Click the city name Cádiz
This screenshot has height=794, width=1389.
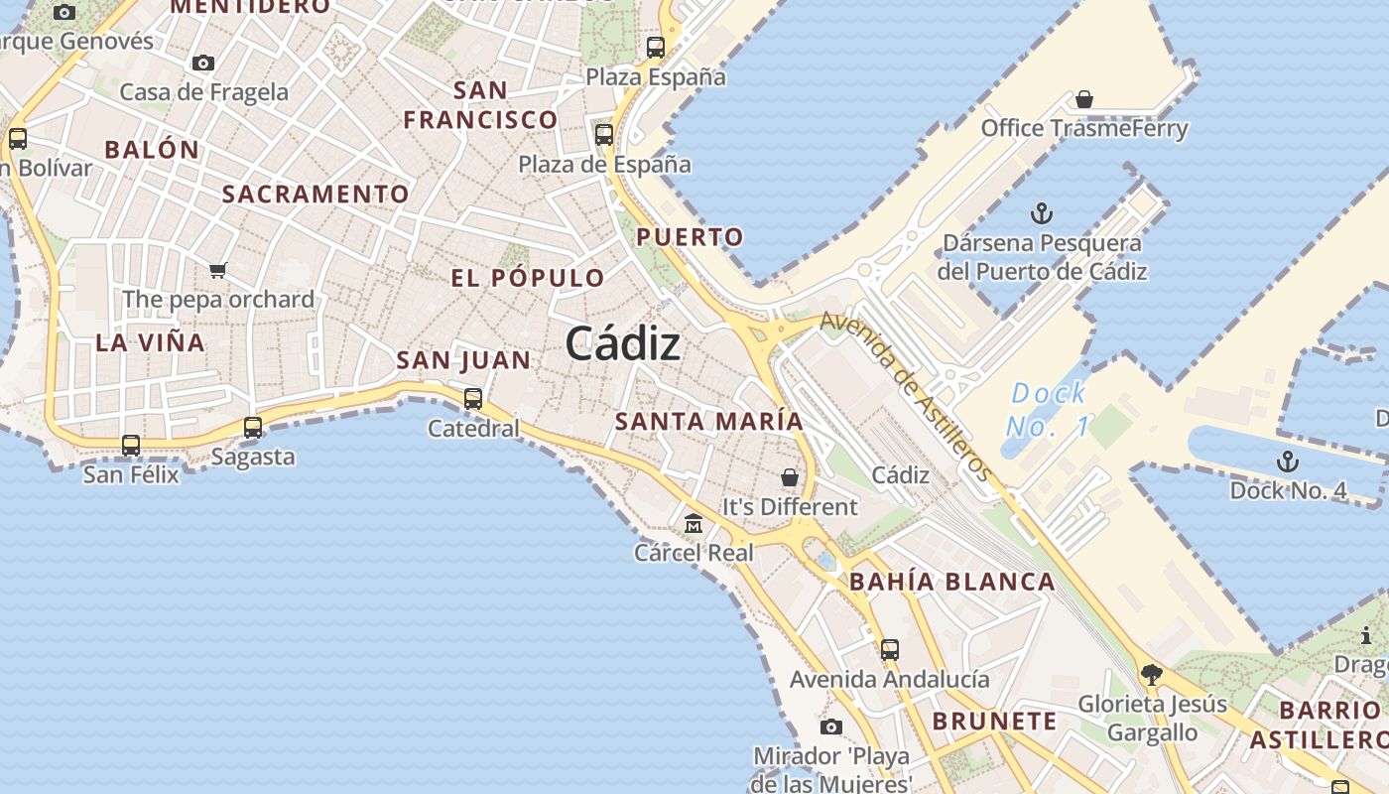coord(622,344)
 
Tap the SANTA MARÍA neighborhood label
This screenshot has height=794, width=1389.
coord(708,421)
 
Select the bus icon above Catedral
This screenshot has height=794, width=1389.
coord(473,399)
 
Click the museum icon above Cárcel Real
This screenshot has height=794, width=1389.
coord(694,523)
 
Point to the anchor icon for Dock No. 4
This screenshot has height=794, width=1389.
coord(1287,462)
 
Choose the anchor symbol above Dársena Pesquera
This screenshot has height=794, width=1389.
coord(1041,213)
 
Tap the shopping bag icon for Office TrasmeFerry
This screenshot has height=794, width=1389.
coord(1084,99)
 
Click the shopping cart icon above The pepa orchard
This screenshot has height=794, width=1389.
coord(218,270)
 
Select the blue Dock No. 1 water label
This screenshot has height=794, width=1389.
coord(1048,410)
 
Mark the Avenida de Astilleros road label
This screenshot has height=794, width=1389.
coord(906,395)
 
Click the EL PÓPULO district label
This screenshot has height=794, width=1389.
coord(527,278)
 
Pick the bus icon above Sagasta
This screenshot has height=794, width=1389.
coord(253,428)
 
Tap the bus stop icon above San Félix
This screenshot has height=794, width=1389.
coord(131,446)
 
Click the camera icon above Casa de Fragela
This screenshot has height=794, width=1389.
coord(203,63)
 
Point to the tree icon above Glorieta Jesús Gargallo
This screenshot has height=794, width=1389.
coord(1151,675)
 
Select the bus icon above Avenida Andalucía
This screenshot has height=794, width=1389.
coord(890,650)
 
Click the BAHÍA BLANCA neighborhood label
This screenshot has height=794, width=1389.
coord(951,582)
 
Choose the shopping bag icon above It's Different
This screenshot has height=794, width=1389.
coord(790,477)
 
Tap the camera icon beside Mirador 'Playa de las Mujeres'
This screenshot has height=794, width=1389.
coord(831,728)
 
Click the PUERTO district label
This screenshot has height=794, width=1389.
coord(690,237)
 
